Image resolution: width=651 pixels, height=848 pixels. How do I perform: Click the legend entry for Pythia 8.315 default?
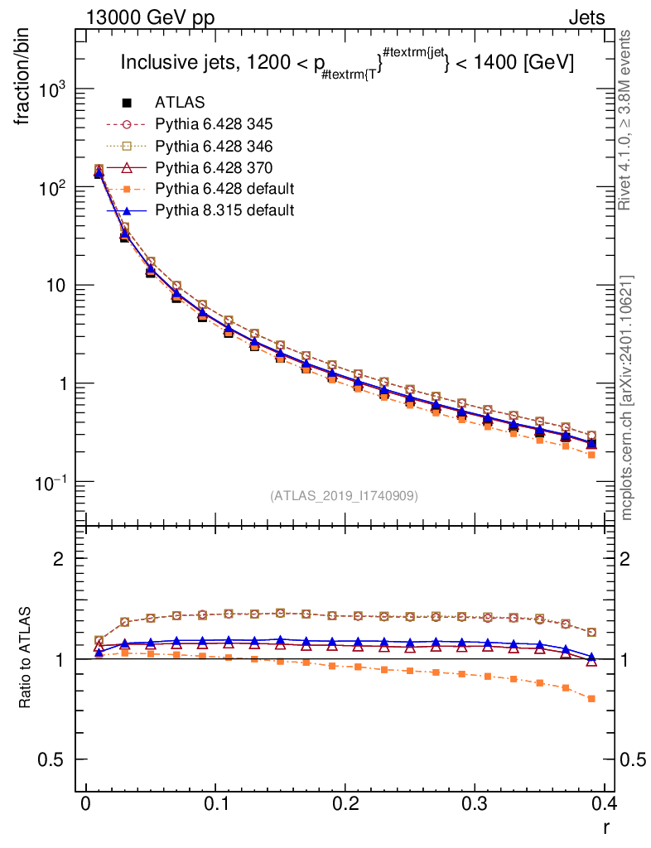tap(224, 210)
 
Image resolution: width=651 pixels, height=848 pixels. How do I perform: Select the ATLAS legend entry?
tap(180, 103)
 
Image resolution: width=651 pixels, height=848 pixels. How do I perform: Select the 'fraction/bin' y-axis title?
tap(28, 83)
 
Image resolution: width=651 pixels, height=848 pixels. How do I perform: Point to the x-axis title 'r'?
tap(606, 827)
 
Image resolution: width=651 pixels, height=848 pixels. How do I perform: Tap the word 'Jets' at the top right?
tap(586, 17)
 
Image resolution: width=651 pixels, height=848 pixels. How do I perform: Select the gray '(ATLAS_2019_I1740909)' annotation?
tap(344, 496)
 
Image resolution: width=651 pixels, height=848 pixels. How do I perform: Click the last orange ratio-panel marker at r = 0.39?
tap(591, 699)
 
